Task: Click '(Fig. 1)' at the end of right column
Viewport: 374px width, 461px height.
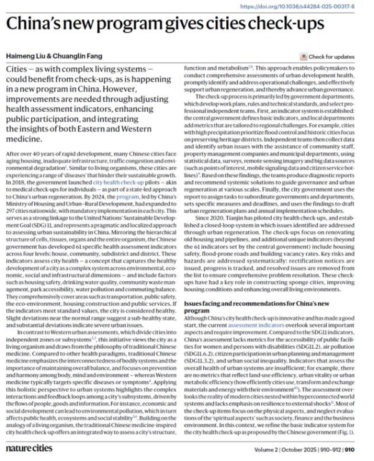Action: [357, 430]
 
